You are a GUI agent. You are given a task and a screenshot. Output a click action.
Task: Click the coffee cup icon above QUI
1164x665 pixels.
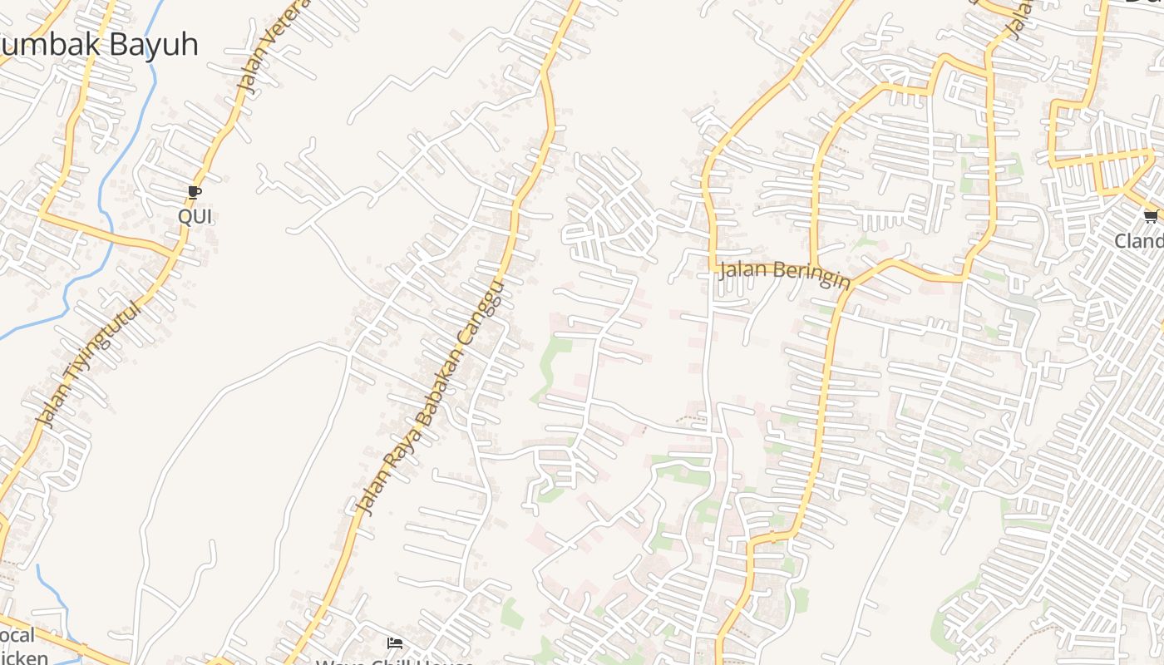(x=195, y=193)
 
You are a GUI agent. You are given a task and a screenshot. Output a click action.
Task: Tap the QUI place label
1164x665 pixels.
(x=195, y=217)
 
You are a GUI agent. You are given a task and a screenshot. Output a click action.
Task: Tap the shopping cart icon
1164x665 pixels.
(x=1151, y=217)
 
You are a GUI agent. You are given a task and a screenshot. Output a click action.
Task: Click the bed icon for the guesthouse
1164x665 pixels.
(x=395, y=643)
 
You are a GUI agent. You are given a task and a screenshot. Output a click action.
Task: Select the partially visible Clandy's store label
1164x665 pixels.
(x=1139, y=241)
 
